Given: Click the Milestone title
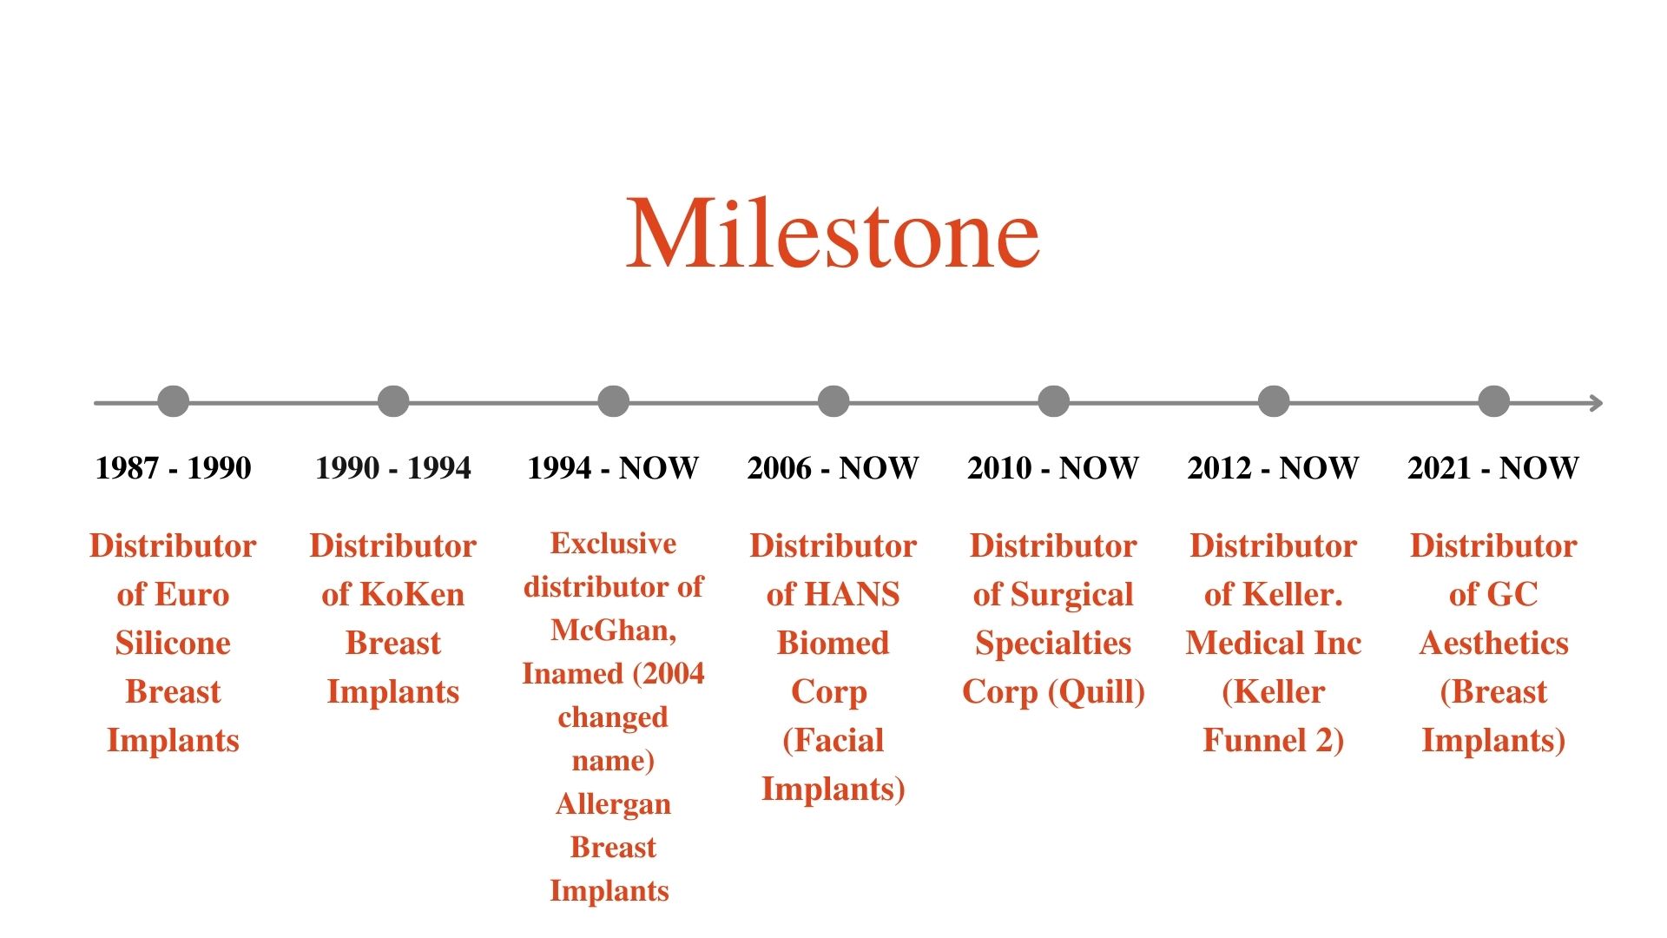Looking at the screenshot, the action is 833,232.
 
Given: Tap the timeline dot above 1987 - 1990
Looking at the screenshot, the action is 174,401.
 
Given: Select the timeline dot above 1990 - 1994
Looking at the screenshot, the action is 393,401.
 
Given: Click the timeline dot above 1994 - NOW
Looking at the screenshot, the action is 613,401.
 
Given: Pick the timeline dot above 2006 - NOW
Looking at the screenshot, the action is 833,401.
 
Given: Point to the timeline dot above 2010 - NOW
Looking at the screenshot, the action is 1053,401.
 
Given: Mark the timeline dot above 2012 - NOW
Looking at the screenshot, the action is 1274,401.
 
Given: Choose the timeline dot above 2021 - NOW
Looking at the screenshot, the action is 1493,401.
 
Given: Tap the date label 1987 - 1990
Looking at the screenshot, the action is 174,468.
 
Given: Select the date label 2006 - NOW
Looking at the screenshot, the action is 833,468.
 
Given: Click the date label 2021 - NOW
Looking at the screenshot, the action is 1493,468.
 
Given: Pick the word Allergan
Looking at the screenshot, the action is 613,805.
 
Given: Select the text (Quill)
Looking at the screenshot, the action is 1097,692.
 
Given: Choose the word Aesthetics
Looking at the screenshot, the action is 1493,643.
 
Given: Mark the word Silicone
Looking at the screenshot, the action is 174,643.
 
